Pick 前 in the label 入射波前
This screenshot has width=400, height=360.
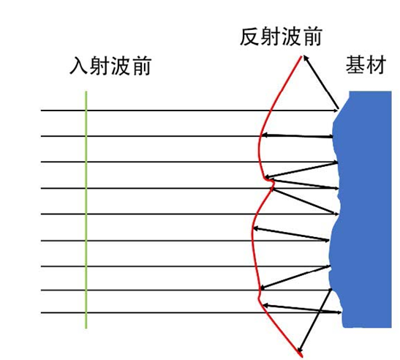point(142,66)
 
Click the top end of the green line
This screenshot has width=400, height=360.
point(86,91)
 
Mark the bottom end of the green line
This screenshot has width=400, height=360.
point(86,328)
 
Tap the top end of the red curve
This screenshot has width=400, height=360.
point(301,56)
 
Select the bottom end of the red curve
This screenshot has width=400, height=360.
point(302,356)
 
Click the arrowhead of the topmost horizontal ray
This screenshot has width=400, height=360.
point(335,110)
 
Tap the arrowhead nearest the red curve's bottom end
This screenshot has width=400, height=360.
point(301,349)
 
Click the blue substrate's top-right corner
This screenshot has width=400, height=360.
point(391,91)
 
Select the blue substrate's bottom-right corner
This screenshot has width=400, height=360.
point(391,327)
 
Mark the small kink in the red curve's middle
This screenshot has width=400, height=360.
point(271,181)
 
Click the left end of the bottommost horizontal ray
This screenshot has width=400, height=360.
point(41,312)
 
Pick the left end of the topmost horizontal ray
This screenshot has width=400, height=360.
point(41,110)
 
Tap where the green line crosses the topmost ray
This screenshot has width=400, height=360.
point(86,110)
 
